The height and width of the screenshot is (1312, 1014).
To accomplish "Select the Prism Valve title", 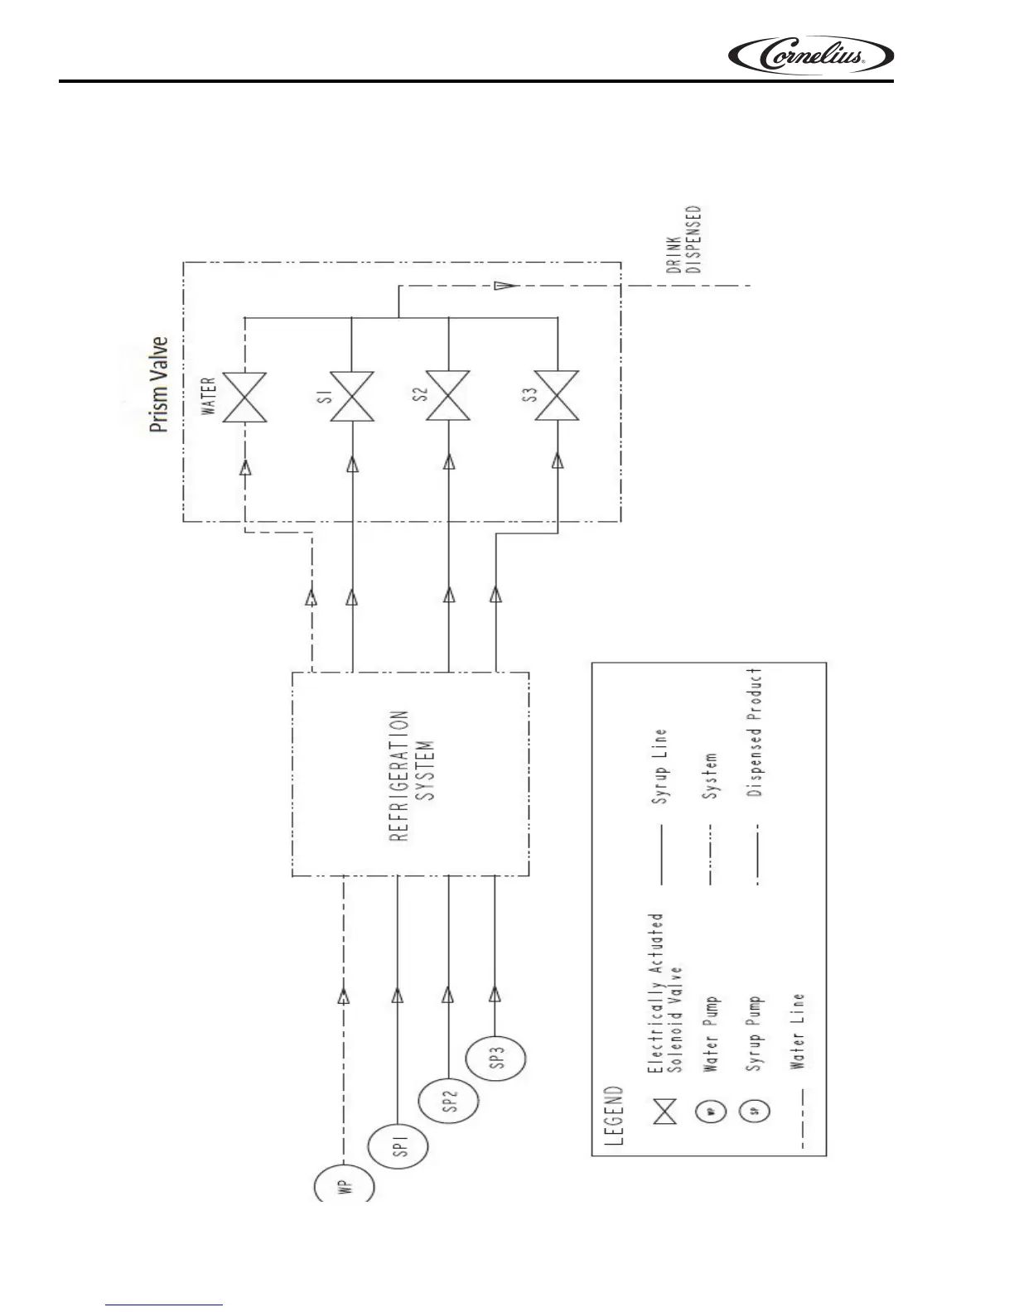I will [158, 383].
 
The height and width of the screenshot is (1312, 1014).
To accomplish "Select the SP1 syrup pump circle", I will [398, 1148].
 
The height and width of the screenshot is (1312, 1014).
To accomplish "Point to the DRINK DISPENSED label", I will [685, 239].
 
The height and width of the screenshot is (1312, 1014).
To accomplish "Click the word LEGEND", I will [614, 1116].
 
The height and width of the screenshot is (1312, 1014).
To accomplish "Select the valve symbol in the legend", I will [664, 1112].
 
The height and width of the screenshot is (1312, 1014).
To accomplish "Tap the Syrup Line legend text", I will [660, 767].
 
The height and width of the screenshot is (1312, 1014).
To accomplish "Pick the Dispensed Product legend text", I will [755, 732].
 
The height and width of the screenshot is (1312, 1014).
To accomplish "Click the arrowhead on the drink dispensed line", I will [502, 286].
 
